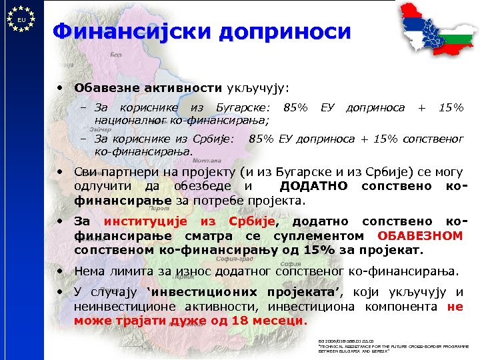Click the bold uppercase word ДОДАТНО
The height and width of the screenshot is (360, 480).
pos(313,185)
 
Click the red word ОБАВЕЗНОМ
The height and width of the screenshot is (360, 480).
pos(420,235)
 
